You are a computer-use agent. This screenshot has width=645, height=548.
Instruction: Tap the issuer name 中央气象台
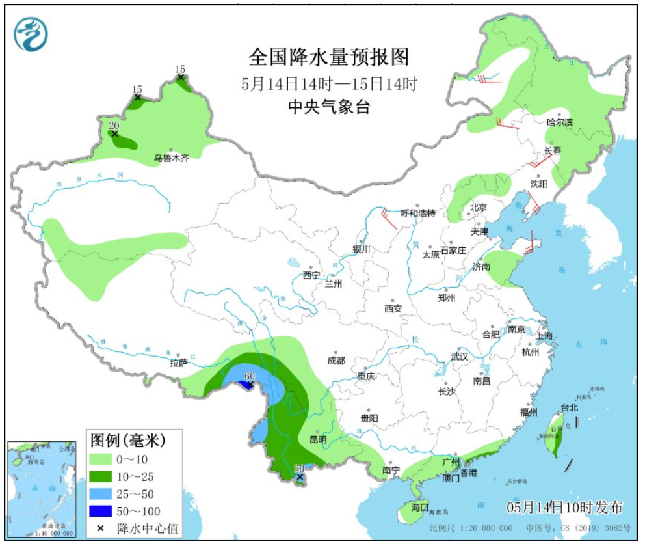pyautogui.click(x=329, y=107)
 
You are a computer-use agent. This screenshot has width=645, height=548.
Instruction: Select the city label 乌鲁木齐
pyautogui.click(x=171, y=158)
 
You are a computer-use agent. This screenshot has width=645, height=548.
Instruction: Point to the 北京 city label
pyautogui.click(x=478, y=208)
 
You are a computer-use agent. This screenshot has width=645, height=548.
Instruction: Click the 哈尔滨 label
pyautogui.click(x=560, y=122)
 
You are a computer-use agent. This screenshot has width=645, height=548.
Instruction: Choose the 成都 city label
pyautogui.click(x=336, y=361)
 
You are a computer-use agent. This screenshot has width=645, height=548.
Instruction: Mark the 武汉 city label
pyautogui.click(x=460, y=357)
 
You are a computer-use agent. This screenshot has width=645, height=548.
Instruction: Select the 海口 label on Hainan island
pyautogui.click(x=419, y=506)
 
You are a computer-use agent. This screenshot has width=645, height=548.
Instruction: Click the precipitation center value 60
pyautogui.click(x=249, y=376)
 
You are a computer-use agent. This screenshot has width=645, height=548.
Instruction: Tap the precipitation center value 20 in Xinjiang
pyautogui.click(x=114, y=126)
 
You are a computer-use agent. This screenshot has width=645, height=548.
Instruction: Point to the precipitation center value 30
pyautogui.click(x=299, y=469)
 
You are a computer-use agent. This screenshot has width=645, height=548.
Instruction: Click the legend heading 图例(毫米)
pyautogui.click(x=127, y=441)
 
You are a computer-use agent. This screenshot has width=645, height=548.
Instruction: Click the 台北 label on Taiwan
pyautogui.click(x=569, y=407)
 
